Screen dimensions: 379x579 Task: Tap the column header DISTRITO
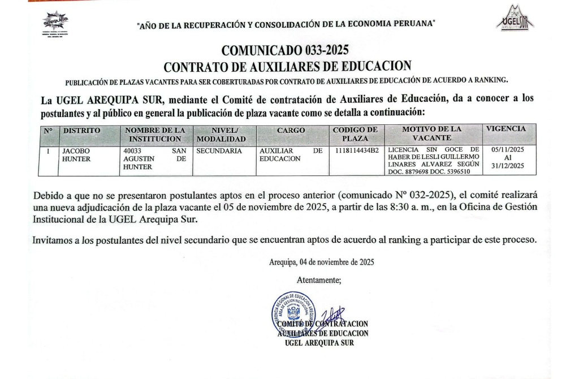click(x=82, y=130)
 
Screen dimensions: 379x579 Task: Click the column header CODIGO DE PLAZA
click(x=356, y=134)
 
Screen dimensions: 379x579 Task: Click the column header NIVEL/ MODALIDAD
click(x=221, y=134)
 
